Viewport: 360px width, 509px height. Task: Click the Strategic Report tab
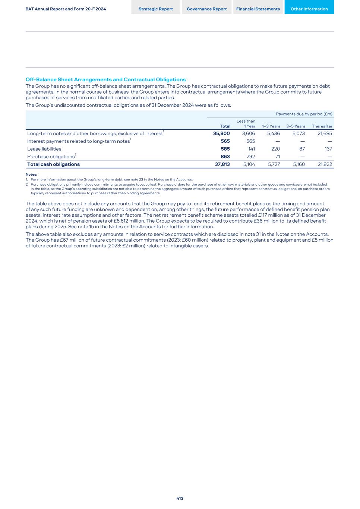pos(156,9)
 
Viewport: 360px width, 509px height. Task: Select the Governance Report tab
pos(207,9)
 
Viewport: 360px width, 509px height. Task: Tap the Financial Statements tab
pos(258,9)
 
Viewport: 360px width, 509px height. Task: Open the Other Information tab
pos(309,9)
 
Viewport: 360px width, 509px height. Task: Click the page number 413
pos(180,498)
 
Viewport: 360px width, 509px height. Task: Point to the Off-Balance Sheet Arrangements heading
pos(105,79)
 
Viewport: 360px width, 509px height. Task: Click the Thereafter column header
pos(322,126)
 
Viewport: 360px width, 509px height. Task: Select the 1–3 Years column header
pos(271,126)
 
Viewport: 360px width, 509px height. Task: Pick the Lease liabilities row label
pos(44,149)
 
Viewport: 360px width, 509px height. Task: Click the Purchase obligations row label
pos(51,157)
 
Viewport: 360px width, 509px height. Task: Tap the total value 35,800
pos(221,133)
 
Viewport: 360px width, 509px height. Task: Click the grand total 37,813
pos(222,164)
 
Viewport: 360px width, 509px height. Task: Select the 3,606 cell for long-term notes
pos(249,133)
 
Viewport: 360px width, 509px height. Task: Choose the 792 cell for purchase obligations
pos(251,157)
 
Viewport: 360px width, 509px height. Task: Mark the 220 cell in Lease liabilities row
pos(275,149)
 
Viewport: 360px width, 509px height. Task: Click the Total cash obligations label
pos(54,164)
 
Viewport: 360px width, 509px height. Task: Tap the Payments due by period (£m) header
pos(304,114)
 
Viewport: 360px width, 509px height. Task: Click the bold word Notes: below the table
pos(31,175)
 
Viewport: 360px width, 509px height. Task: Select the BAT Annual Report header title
pos(66,9)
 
